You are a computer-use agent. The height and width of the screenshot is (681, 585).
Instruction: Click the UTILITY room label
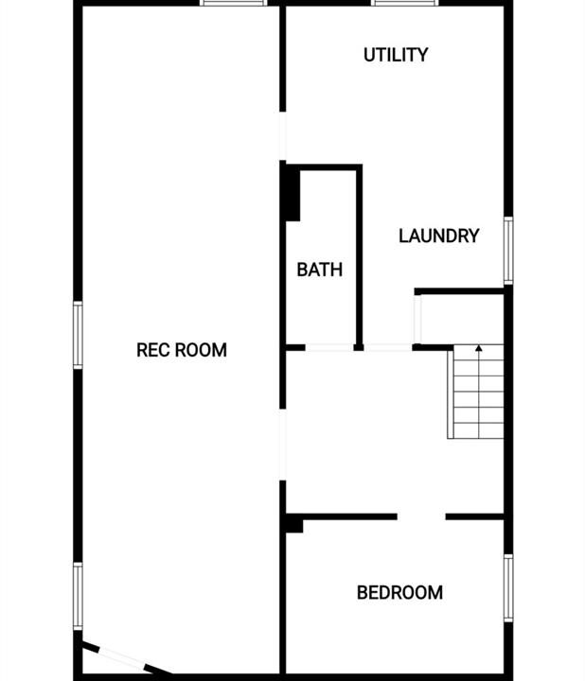(x=396, y=55)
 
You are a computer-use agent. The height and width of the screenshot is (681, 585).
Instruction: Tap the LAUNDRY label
(x=439, y=236)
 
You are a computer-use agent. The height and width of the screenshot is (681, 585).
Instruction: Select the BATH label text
(x=319, y=270)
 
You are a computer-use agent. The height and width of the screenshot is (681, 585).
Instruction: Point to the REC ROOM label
(x=182, y=350)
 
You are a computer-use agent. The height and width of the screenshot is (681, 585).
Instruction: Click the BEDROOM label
(x=399, y=593)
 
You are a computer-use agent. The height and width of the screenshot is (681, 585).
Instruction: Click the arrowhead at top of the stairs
(x=479, y=348)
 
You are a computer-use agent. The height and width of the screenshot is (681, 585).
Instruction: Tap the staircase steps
(x=476, y=392)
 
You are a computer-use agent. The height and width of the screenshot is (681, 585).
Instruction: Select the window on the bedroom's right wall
(x=508, y=588)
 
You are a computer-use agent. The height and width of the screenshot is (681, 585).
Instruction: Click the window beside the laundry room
(x=508, y=251)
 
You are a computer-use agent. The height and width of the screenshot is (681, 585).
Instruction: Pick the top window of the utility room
(x=405, y=3)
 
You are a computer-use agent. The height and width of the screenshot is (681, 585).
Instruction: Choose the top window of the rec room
(x=234, y=3)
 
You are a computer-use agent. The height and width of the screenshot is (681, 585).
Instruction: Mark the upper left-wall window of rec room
(x=78, y=335)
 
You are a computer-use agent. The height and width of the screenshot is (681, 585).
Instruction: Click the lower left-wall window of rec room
(x=78, y=596)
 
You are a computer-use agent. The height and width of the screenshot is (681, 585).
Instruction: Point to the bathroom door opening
(x=329, y=347)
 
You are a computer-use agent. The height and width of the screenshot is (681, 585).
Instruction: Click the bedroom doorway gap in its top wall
(x=421, y=516)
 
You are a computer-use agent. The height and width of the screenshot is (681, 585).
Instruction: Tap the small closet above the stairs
(x=462, y=320)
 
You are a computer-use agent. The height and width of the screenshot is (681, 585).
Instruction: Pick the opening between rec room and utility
(x=282, y=136)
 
